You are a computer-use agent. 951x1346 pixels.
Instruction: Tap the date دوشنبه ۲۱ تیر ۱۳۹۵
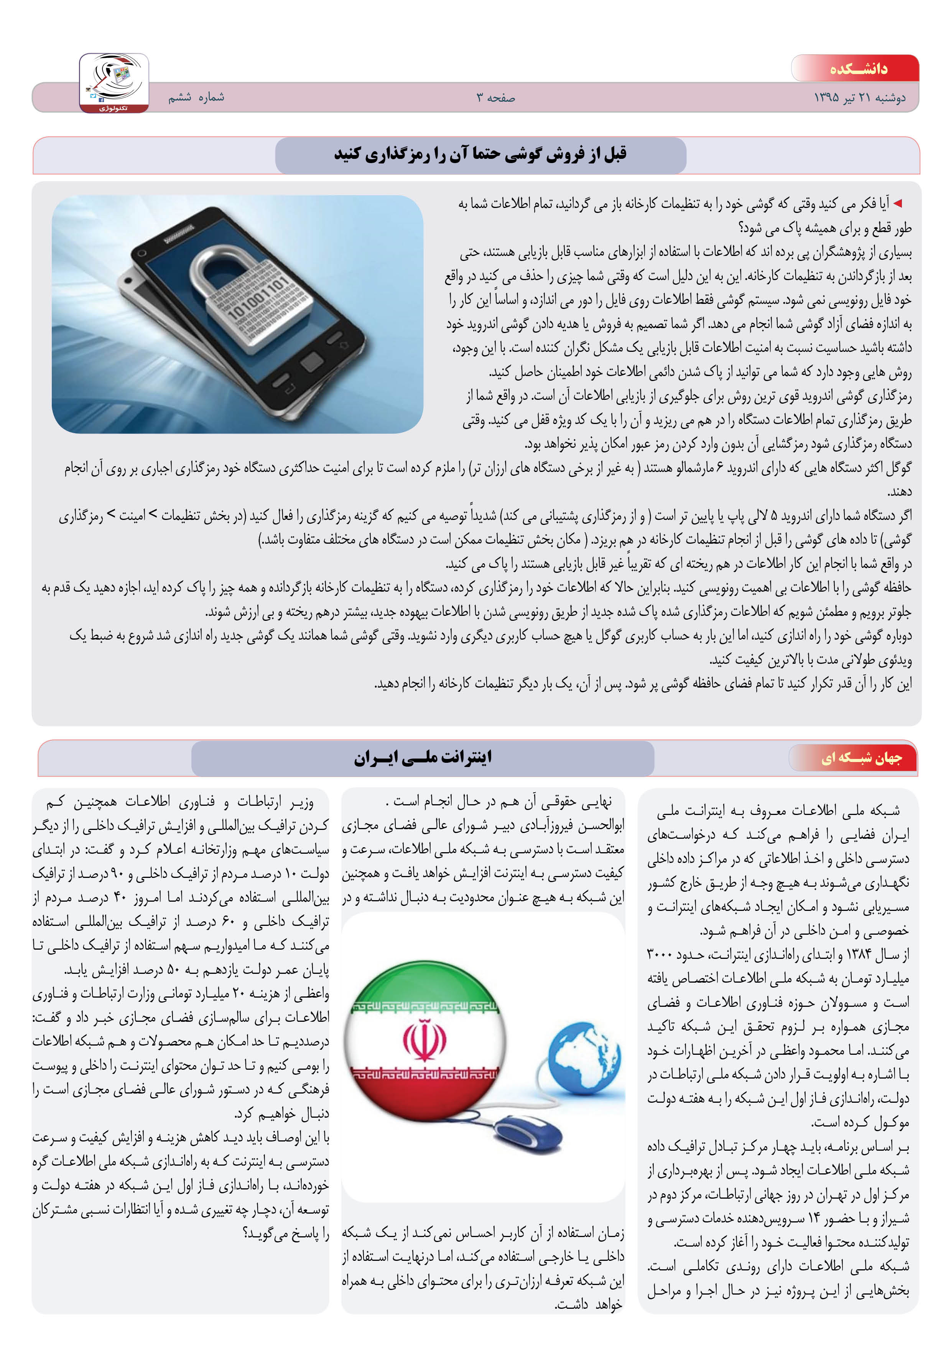859,97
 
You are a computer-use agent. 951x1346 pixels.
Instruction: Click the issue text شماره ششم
196,97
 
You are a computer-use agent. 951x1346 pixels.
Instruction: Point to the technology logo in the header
114,82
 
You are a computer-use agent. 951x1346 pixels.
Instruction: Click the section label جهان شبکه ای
861,758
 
